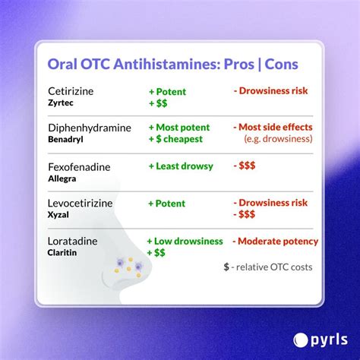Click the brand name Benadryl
[66, 139]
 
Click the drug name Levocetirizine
[82, 202]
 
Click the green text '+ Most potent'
[182, 128]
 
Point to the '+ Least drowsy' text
[181, 166]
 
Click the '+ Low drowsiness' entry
[185, 241]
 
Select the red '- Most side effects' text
[274, 128]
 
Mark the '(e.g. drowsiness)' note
[279, 140]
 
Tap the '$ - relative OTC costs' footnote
[267, 267]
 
